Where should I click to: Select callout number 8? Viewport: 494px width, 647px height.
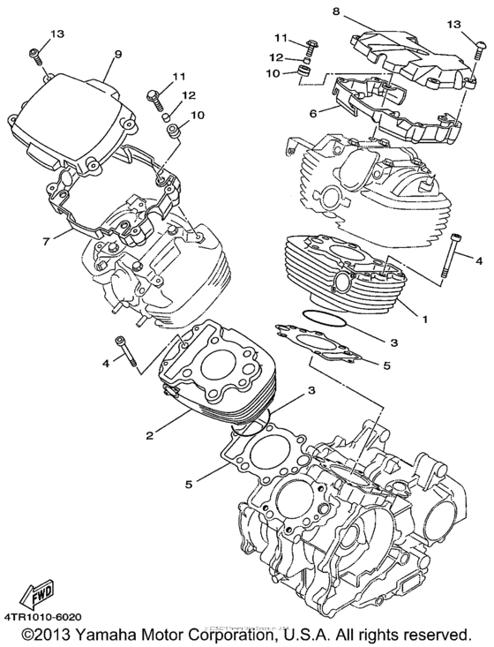(336, 11)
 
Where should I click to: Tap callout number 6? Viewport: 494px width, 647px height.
(311, 113)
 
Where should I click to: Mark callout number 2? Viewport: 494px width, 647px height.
(151, 435)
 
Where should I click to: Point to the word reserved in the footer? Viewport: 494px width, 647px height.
(436, 636)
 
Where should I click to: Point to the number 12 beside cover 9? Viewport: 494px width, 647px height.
(189, 95)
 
